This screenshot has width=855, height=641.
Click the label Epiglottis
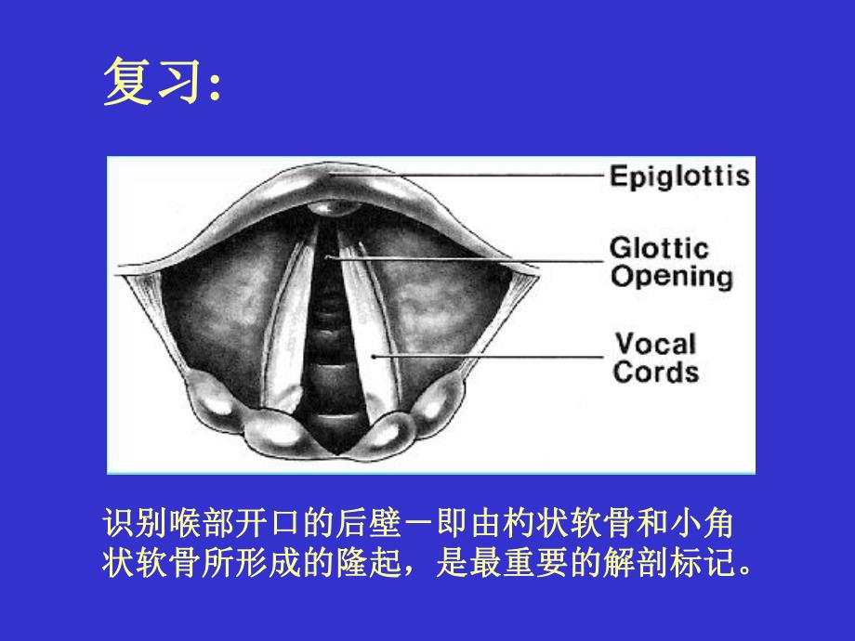678,177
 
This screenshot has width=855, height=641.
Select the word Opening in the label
671,277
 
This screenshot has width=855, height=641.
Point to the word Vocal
654,344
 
